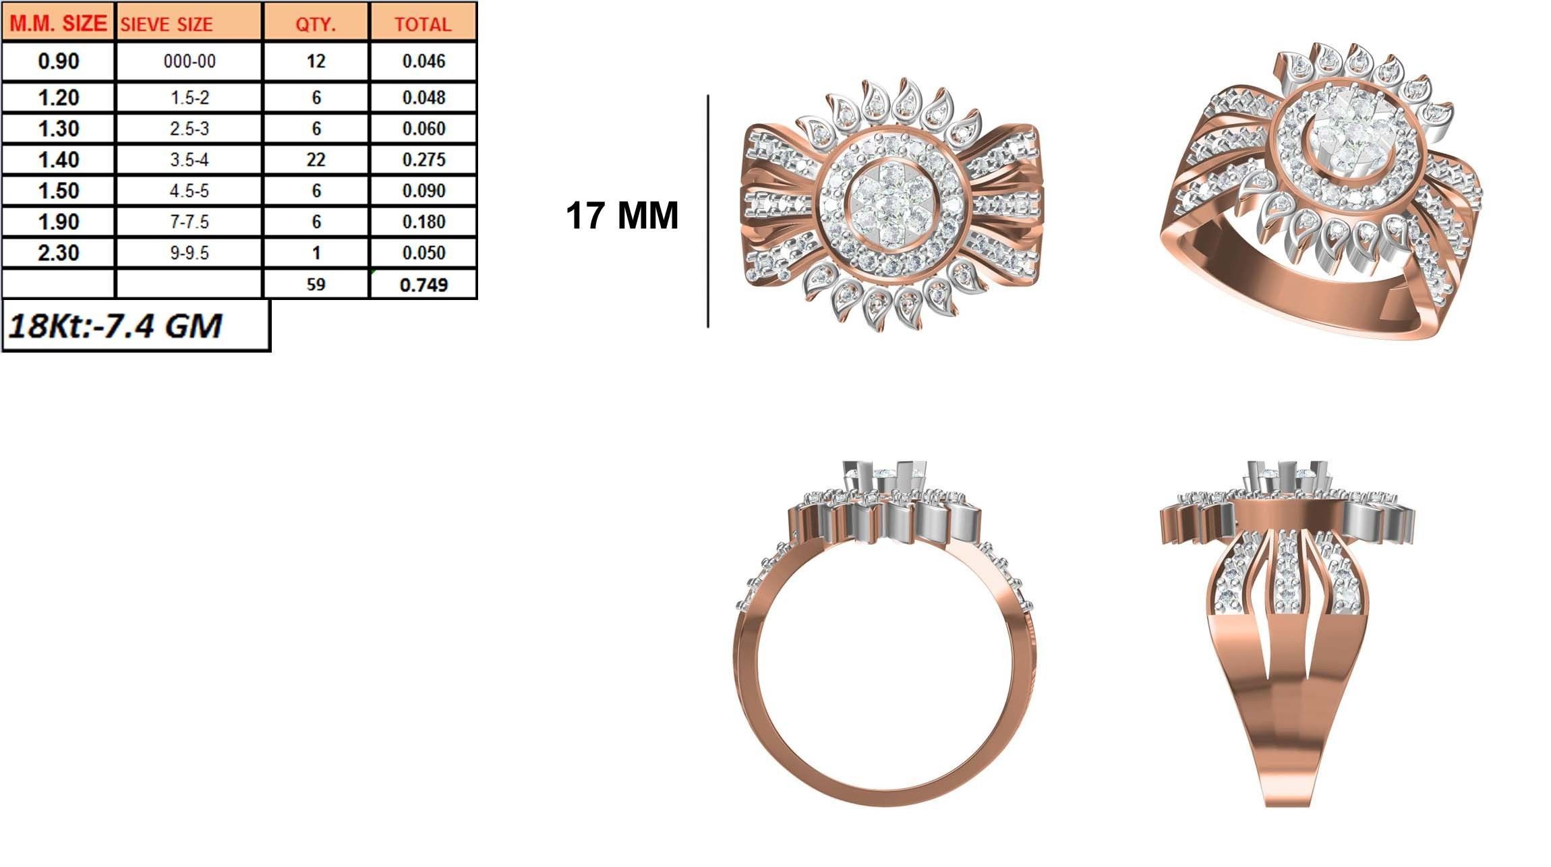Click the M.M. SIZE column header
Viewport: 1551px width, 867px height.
click(x=59, y=24)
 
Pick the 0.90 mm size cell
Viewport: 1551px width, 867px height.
click(x=59, y=61)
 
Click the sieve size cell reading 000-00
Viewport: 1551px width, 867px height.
click(x=189, y=61)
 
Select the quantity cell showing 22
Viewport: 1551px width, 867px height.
click(x=316, y=160)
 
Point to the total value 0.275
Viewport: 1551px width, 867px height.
click(x=423, y=160)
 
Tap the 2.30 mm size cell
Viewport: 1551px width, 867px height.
click(x=59, y=253)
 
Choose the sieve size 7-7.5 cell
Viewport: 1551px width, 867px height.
click(x=189, y=222)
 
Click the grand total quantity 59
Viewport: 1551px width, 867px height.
click(x=316, y=284)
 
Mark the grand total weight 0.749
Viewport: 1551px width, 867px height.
click(x=423, y=285)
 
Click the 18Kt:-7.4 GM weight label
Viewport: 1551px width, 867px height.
click(x=115, y=326)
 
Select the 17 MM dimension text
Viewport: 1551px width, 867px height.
click(x=622, y=216)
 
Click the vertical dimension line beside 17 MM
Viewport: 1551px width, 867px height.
click(x=708, y=211)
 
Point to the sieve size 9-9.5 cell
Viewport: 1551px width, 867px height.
click(x=189, y=253)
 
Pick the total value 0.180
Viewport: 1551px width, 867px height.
click(x=423, y=222)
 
